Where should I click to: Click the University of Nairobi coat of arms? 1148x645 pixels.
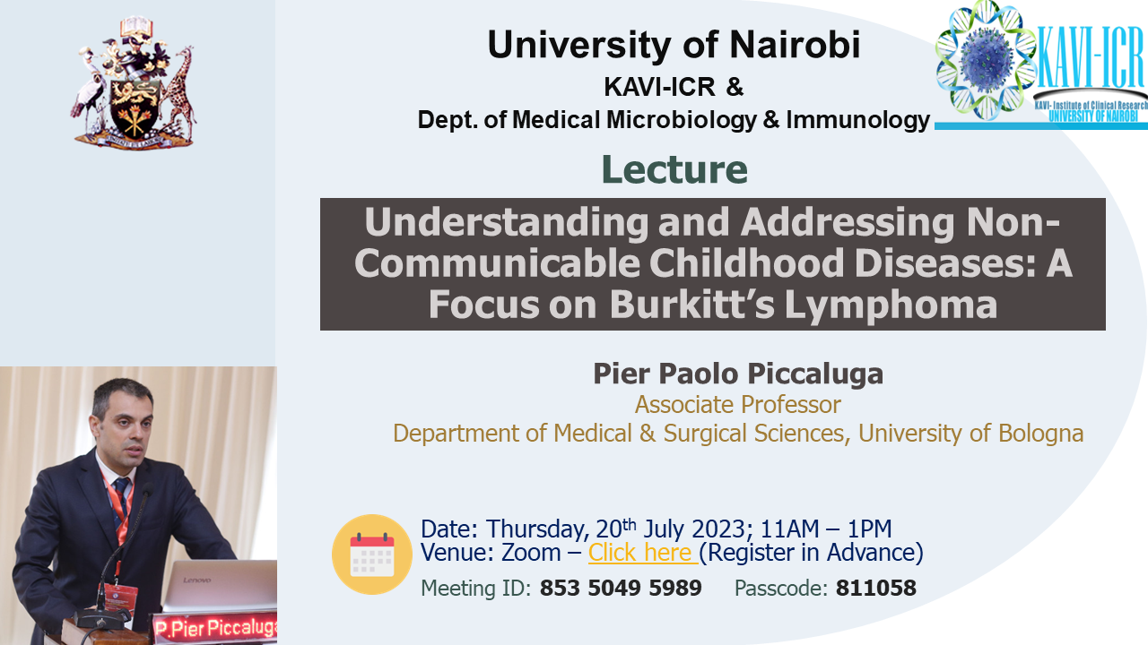click(134, 83)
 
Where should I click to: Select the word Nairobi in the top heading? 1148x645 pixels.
click(795, 45)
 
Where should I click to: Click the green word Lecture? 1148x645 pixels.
click(674, 169)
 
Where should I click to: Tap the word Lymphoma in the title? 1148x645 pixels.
click(891, 305)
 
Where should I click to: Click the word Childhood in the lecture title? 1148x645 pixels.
click(746, 262)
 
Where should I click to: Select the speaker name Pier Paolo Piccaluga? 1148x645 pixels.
click(738, 374)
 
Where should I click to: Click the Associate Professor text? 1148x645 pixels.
click(738, 404)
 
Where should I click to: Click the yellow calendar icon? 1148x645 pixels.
click(372, 555)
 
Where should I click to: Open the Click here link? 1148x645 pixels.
click(643, 553)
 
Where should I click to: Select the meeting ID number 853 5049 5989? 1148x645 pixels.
click(621, 588)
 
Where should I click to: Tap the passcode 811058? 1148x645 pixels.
click(876, 588)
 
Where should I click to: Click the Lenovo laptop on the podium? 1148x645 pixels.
click(221, 585)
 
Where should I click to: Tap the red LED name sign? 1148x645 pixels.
click(215, 628)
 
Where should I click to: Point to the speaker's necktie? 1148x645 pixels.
click(121, 504)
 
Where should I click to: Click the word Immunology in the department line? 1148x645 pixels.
click(858, 120)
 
